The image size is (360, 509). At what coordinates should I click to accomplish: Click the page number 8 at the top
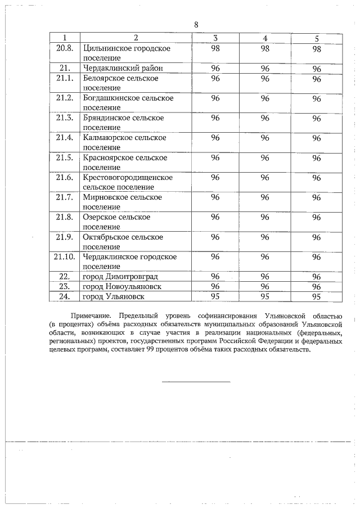pyautogui.click(x=196, y=25)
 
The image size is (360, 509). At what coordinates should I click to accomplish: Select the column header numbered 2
pyautogui.click(x=136, y=38)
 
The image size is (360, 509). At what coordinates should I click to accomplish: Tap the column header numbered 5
pyautogui.click(x=317, y=38)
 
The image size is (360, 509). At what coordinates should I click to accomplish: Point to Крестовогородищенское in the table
pyautogui.click(x=128, y=177)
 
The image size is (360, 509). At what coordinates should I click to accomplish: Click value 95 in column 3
pyautogui.click(x=215, y=296)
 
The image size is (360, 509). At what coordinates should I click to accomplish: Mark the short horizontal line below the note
pyautogui.click(x=196, y=382)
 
